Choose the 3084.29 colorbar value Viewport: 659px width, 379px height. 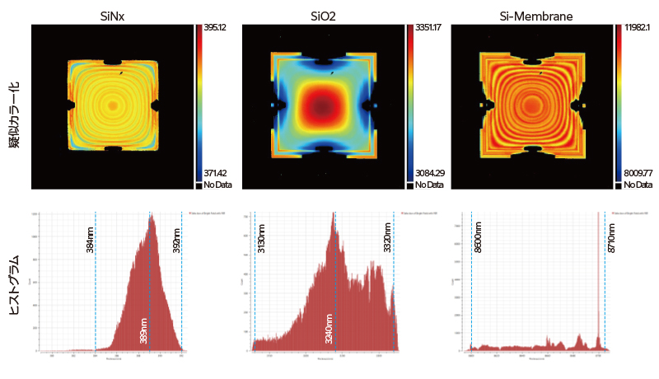[x=428, y=174]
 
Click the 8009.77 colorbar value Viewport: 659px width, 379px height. [x=638, y=174]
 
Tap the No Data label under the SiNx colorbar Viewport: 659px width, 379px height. [x=218, y=185]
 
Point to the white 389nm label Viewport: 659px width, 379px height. [x=145, y=330]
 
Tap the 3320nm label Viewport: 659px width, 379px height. [x=388, y=237]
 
